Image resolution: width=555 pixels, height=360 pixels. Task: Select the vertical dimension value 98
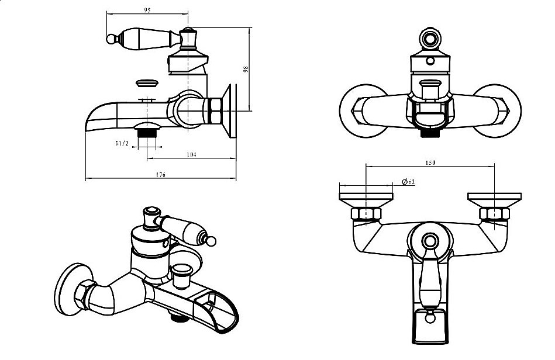coord(246,69)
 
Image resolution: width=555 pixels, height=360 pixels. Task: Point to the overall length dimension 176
coord(160,175)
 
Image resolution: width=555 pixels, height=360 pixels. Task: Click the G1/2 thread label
coord(122,143)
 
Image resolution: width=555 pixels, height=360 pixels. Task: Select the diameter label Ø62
coord(409,183)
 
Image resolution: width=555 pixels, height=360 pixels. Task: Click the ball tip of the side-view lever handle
coord(109,39)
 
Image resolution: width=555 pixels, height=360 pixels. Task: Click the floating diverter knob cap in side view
coord(146,83)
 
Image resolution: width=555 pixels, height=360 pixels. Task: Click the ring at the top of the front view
coord(430,39)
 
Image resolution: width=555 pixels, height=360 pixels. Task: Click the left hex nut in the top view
coord(364,213)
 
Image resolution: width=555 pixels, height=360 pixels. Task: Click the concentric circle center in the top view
coord(430,240)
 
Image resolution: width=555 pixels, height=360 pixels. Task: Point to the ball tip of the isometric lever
coord(213,240)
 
